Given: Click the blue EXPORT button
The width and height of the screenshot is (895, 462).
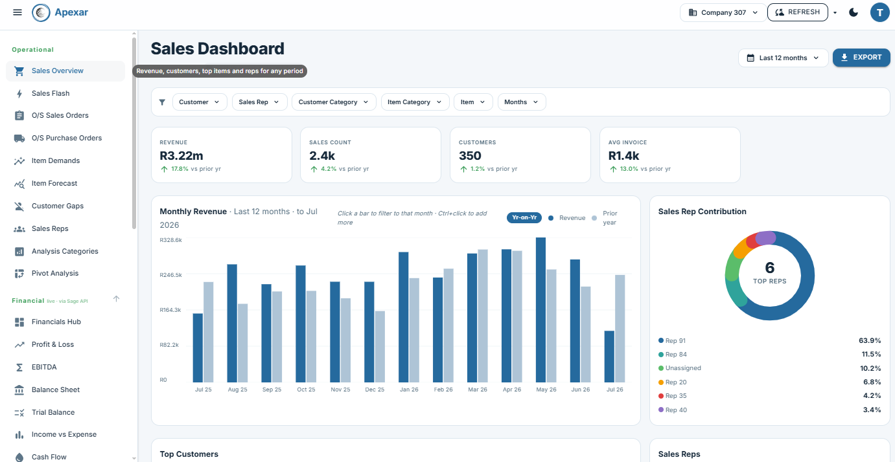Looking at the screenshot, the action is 861,58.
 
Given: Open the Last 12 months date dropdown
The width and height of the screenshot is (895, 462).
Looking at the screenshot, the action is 783,58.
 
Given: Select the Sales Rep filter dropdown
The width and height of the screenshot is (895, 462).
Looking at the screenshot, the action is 259,102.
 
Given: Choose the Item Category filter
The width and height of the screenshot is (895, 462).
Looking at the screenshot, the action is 415,102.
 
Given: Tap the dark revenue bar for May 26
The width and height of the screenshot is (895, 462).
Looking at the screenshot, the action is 540,310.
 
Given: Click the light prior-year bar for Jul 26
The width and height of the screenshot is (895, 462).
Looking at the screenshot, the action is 620,329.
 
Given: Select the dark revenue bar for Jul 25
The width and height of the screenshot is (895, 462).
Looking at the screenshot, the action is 198,348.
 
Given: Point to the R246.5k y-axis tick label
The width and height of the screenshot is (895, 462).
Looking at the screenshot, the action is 170,275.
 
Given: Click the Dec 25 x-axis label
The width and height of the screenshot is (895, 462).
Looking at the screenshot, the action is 375,390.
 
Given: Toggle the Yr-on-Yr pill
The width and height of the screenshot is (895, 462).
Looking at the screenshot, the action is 524,217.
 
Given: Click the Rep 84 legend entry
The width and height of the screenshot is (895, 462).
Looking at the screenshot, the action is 673,355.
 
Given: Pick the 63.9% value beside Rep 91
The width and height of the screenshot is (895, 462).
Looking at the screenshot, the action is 870,341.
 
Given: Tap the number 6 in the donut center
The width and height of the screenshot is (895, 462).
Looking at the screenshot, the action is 769,267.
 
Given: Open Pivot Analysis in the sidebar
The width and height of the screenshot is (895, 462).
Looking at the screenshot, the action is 54,273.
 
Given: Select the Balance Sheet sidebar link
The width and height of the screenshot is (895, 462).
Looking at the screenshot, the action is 56,390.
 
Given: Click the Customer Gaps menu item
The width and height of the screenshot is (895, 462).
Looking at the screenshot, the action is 58,206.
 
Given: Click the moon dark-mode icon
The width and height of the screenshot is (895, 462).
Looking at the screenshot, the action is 854,12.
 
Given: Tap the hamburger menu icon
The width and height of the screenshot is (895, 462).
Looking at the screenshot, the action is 17,12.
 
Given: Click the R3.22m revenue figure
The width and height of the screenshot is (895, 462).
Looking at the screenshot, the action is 181,155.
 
